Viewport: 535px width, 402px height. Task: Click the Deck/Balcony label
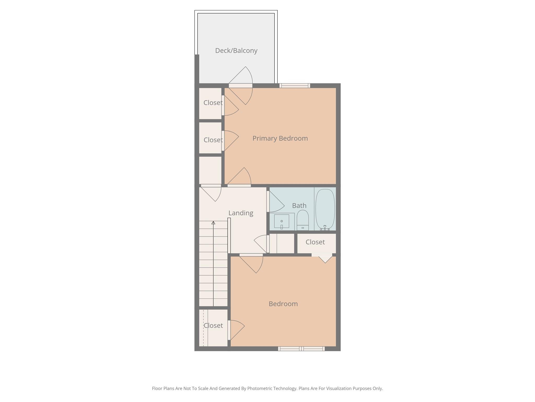click(x=236, y=51)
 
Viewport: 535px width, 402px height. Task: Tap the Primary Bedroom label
click(x=280, y=138)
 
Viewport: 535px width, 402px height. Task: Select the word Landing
click(x=241, y=213)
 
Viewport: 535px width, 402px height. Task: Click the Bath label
click(x=299, y=206)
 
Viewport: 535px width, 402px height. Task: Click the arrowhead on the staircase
click(x=213, y=223)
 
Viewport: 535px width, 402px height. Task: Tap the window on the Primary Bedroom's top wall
click(x=295, y=86)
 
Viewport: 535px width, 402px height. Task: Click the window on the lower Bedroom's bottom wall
click(x=301, y=349)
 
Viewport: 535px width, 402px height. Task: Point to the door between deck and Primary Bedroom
click(x=241, y=86)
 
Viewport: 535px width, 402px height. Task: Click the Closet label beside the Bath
click(x=315, y=242)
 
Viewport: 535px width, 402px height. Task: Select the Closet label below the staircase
click(x=213, y=326)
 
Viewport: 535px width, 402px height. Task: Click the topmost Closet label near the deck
click(x=213, y=103)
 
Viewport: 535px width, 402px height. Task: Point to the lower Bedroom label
click(x=283, y=304)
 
